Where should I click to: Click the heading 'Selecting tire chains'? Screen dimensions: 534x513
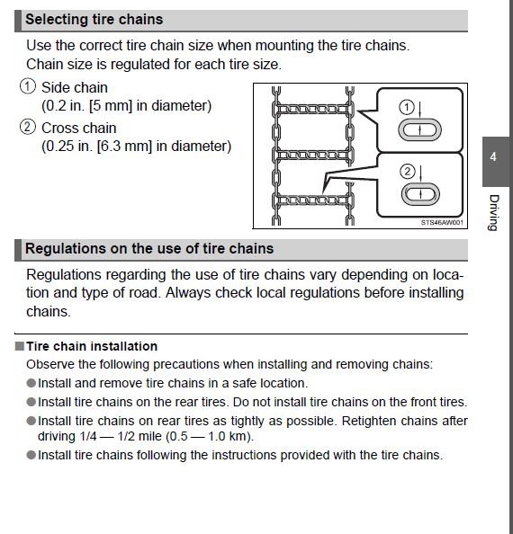(94, 19)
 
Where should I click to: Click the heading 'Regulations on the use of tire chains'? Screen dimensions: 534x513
(149, 248)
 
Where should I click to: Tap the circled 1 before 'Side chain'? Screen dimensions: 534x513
(28, 88)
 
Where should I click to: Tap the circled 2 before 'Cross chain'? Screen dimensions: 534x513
(28, 128)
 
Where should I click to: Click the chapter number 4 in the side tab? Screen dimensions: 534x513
(493, 157)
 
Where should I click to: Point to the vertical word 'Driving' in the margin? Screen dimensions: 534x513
(493, 212)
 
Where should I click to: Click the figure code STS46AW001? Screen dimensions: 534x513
(442, 223)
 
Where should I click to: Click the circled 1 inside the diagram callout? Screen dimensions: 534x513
(407, 107)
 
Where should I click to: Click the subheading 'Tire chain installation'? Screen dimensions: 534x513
(91, 346)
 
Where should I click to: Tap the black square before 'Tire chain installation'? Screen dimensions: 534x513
(19, 346)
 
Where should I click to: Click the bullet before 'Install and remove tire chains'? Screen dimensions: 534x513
(31, 383)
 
